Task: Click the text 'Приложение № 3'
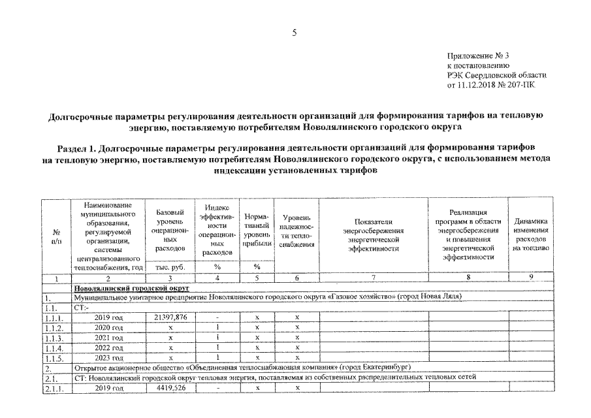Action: pyautogui.click(x=476, y=56)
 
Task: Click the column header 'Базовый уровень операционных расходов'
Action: pyautogui.click(x=170, y=230)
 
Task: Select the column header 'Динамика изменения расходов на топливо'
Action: pyautogui.click(x=530, y=234)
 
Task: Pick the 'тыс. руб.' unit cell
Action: pyautogui.click(x=170, y=266)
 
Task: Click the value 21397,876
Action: pyautogui.click(x=170, y=317)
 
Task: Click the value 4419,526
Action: pyautogui.click(x=170, y=388)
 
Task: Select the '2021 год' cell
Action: pyautogui.click(x=108, y=338)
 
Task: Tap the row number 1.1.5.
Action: pyautogui.click(x=55, y=358)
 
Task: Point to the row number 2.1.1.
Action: pyautogui.click(x=55, y=388)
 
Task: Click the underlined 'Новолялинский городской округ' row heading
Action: pyautogui.click(x=131, y=287)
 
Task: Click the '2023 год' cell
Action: pyautogui.click(x=108, y=358)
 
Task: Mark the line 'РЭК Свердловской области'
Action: pyautogui.click(x=496, y=75)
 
